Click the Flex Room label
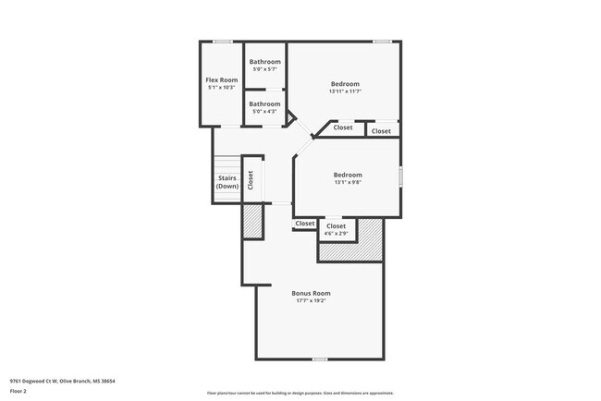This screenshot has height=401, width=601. tap(221, 80)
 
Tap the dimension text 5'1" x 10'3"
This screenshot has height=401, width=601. tap(221, 88)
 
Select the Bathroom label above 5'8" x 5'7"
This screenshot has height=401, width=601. tap(264, 62)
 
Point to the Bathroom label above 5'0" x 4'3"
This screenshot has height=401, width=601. tap(264, 103)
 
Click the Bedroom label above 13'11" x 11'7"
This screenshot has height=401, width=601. tap(344, 84)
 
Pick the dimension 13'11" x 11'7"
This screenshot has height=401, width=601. tap(344, 91)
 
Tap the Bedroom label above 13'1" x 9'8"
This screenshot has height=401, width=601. tap(348, 175)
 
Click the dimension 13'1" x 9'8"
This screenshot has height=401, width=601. tap(348, 182)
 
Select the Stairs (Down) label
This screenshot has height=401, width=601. tap(227, 182)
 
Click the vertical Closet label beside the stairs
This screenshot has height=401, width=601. tap(251, 180)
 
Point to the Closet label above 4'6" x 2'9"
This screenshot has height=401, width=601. tap(336, 225)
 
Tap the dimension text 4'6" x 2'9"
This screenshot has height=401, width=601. tap(336, 233)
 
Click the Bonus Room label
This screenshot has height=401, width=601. tap(311, 293)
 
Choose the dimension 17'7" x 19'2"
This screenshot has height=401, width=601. tap(311, 300)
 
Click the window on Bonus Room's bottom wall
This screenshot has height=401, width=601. tap(319, 358)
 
